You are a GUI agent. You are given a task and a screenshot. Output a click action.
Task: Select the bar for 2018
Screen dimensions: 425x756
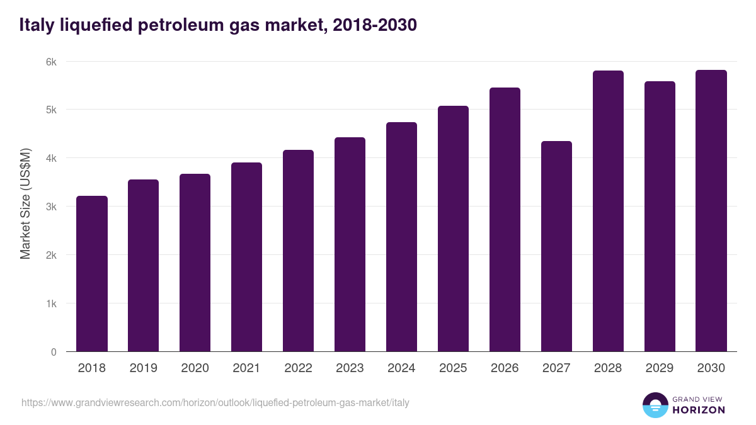(x=92, y=274)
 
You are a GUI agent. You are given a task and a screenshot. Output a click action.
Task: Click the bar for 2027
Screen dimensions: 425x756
(x=556, y=246)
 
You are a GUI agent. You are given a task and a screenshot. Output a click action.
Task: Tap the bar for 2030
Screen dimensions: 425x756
(x=711, y=211)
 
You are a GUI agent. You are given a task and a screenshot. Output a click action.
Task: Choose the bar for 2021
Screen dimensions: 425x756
(x=246, y=257)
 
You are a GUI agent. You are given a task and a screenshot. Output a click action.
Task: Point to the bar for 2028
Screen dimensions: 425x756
(x=608, y=211)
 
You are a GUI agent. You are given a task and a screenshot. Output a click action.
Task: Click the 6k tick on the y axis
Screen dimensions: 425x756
(x=50, y=62)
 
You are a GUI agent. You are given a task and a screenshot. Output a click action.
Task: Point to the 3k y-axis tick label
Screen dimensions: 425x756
(x=50, y=207)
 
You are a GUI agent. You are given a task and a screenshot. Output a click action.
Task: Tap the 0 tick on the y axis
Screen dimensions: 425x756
(x=54, y=352)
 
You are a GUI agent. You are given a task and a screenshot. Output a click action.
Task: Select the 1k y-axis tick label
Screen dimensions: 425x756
(x=50, y=303)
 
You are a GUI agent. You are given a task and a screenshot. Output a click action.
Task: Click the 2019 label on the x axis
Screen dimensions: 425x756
(x=144, y=368)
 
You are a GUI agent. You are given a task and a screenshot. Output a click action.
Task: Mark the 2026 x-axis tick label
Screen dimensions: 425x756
(x=505, y=368)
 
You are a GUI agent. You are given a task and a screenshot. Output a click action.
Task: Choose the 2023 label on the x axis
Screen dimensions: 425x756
(x=350, y=368)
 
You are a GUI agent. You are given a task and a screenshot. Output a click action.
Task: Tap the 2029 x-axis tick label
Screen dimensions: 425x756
(x=660, y=368)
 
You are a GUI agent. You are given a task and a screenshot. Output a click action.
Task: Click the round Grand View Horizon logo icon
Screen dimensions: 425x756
(x=655, y=405)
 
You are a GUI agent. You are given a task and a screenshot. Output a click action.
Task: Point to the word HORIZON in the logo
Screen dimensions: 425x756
(x=699, y=410)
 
